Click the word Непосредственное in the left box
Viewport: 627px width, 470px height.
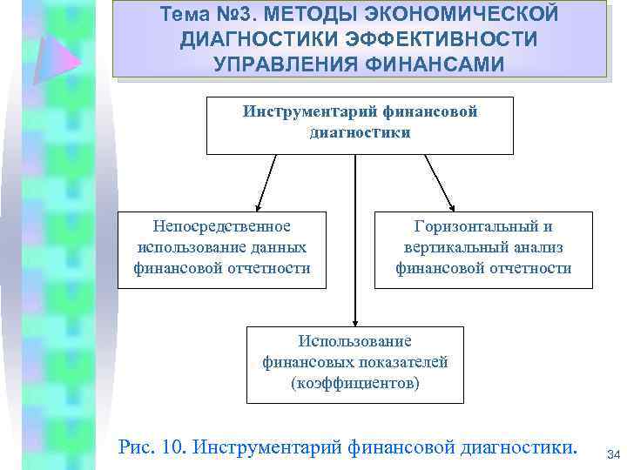[x=221, y=226]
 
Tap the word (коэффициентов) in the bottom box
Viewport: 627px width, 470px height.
[x=354, y=382]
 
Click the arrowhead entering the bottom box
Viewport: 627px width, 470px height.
[x=354, y=319]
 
